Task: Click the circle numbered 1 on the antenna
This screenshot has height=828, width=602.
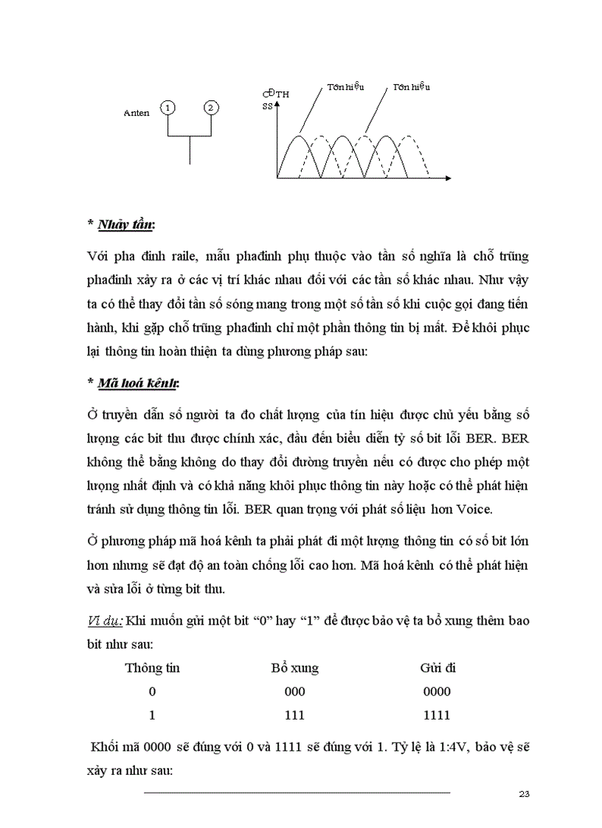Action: pyautogui.click(x=169, y=108)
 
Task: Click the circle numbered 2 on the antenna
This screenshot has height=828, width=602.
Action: pyautogui.click(x=211, y=108)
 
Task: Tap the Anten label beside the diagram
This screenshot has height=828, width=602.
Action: pyautogui.click(x=137, y=113)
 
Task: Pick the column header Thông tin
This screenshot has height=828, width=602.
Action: pyautogui.click(x=153, y=668)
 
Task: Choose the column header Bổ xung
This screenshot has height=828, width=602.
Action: pyautogui.click(x=295, y=668)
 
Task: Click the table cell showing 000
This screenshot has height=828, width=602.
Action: pyautogui.click(x=294, y=692)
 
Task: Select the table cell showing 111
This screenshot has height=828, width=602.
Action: pyautogui.click(x=294, y=715)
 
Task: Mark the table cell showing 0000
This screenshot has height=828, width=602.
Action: pyautogui.click(x=437, y=692)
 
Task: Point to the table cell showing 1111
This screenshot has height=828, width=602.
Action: pyautogui.click(x=437, y=715)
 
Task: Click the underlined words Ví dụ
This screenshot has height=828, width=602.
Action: pyautogui.click(x=105, y=621)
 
